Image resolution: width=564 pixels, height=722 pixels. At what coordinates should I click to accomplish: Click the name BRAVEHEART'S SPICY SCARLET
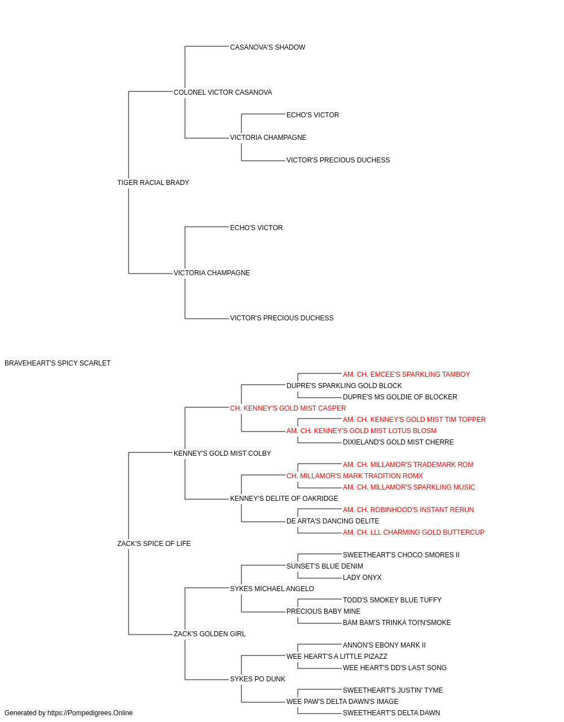pos(58,363)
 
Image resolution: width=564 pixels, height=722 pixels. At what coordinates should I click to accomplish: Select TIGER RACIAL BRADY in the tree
pos(153,183)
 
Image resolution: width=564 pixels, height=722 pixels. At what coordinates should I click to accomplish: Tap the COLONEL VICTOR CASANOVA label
pos(223,93)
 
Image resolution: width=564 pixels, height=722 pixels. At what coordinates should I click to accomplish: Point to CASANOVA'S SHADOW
pos(268,47)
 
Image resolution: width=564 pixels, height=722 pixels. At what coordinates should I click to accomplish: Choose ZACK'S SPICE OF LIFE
pos(154,544)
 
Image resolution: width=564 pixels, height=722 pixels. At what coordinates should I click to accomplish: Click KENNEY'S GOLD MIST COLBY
pos(222,454)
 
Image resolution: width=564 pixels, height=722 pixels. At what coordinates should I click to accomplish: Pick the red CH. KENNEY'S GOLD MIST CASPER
pos(288,408)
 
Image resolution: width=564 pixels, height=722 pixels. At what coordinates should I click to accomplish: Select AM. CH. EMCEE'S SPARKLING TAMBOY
pos(406,375)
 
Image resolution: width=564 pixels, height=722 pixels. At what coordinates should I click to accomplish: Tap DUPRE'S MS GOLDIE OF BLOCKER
pos(400,397)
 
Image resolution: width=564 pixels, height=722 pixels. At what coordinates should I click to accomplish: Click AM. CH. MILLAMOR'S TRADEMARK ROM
pos(408,465)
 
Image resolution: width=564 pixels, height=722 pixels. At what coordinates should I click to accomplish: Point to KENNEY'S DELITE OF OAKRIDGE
pos(284,499)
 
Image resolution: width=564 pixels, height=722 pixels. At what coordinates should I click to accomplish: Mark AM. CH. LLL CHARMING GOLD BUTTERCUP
pos(413,532)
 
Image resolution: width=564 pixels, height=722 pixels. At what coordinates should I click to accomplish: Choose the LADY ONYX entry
pos(362,578)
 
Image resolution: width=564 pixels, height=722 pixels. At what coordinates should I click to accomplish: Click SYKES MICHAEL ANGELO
pos(272,589)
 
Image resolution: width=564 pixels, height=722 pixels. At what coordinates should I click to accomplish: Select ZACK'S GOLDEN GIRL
pos(210,634)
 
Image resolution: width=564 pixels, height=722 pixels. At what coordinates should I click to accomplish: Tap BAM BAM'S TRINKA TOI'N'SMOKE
pos(396,623)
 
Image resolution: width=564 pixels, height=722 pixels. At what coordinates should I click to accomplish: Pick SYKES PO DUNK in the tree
pos(258,679)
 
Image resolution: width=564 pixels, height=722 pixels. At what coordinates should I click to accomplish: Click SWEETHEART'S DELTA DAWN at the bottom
pos(391,713)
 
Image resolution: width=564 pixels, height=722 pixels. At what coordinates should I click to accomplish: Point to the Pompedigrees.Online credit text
pos(68,713)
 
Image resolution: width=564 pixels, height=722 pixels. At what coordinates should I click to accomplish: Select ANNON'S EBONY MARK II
pos(384,645)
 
